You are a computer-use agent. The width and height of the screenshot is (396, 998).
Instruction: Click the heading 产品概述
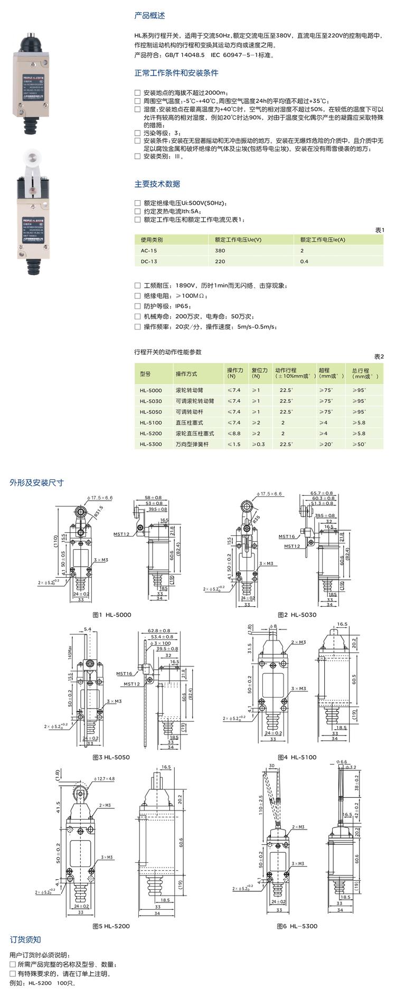pos(149,16)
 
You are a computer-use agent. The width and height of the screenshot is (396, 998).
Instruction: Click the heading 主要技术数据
pos(157,184)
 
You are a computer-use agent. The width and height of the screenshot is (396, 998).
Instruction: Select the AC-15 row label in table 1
pos(148,251)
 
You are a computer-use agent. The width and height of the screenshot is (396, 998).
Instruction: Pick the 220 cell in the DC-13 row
pos(220,261)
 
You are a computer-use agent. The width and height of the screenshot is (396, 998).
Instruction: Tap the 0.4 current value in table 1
pos(304,261)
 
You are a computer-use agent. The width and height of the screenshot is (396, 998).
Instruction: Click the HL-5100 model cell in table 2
pos(151,422)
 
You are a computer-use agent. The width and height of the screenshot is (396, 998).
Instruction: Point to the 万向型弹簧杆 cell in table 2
pos(192,444)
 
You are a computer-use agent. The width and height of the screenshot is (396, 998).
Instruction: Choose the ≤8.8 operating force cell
pos(233,433)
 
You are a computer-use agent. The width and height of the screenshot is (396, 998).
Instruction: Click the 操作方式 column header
pos(186,373)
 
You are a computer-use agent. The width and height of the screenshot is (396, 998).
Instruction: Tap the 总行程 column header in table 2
pos(364,373)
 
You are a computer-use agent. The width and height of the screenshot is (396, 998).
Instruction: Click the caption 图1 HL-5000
pos(111,615)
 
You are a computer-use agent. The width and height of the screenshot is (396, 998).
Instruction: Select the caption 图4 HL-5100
pos(297,757)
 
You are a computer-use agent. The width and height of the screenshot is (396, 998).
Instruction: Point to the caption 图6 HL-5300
pos(297,926)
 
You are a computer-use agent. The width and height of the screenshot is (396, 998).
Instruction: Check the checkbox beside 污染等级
pos(138,133)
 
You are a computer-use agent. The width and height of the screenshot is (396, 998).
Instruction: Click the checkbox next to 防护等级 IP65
pos(138,306)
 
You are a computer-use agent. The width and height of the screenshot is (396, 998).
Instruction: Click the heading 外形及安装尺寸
pos(36,483)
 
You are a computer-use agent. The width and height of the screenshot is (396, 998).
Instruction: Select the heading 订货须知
pos(25,939)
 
